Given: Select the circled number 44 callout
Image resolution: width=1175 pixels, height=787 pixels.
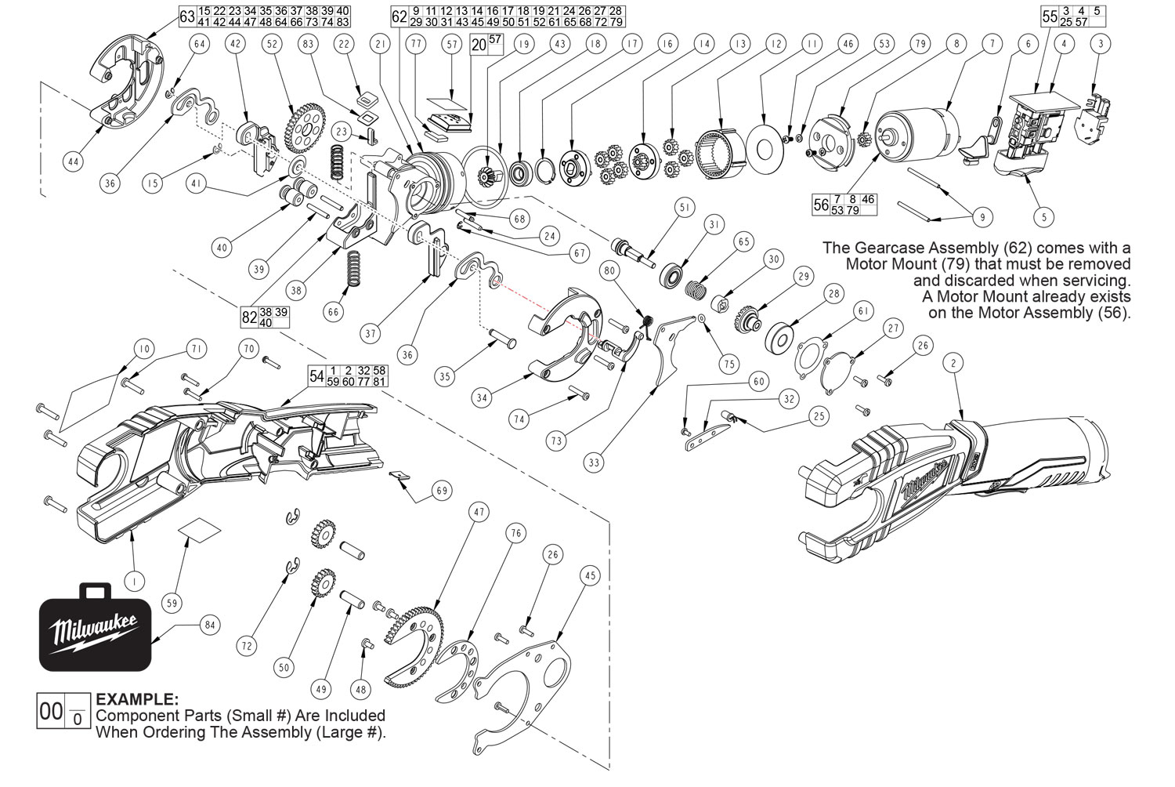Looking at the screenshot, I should (x=73, y=162).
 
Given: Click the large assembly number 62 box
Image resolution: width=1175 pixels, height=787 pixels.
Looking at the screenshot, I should (x=399, y=16).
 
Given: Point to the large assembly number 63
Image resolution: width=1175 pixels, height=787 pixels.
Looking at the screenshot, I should (x=187, y=16).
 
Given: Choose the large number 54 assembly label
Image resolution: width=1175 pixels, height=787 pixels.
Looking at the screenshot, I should (x=316, y=375).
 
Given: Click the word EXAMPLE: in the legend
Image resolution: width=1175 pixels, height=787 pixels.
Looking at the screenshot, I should (x=136, y=698).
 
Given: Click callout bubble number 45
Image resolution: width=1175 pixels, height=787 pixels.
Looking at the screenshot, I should (x=590, y=575).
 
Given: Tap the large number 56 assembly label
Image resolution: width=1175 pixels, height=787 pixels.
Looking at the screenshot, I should (x=821, y=205).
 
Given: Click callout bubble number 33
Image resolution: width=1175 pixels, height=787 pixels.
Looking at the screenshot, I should (x=595, y=462).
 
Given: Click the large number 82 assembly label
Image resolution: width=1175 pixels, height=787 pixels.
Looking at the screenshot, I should (x=249, y=317).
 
